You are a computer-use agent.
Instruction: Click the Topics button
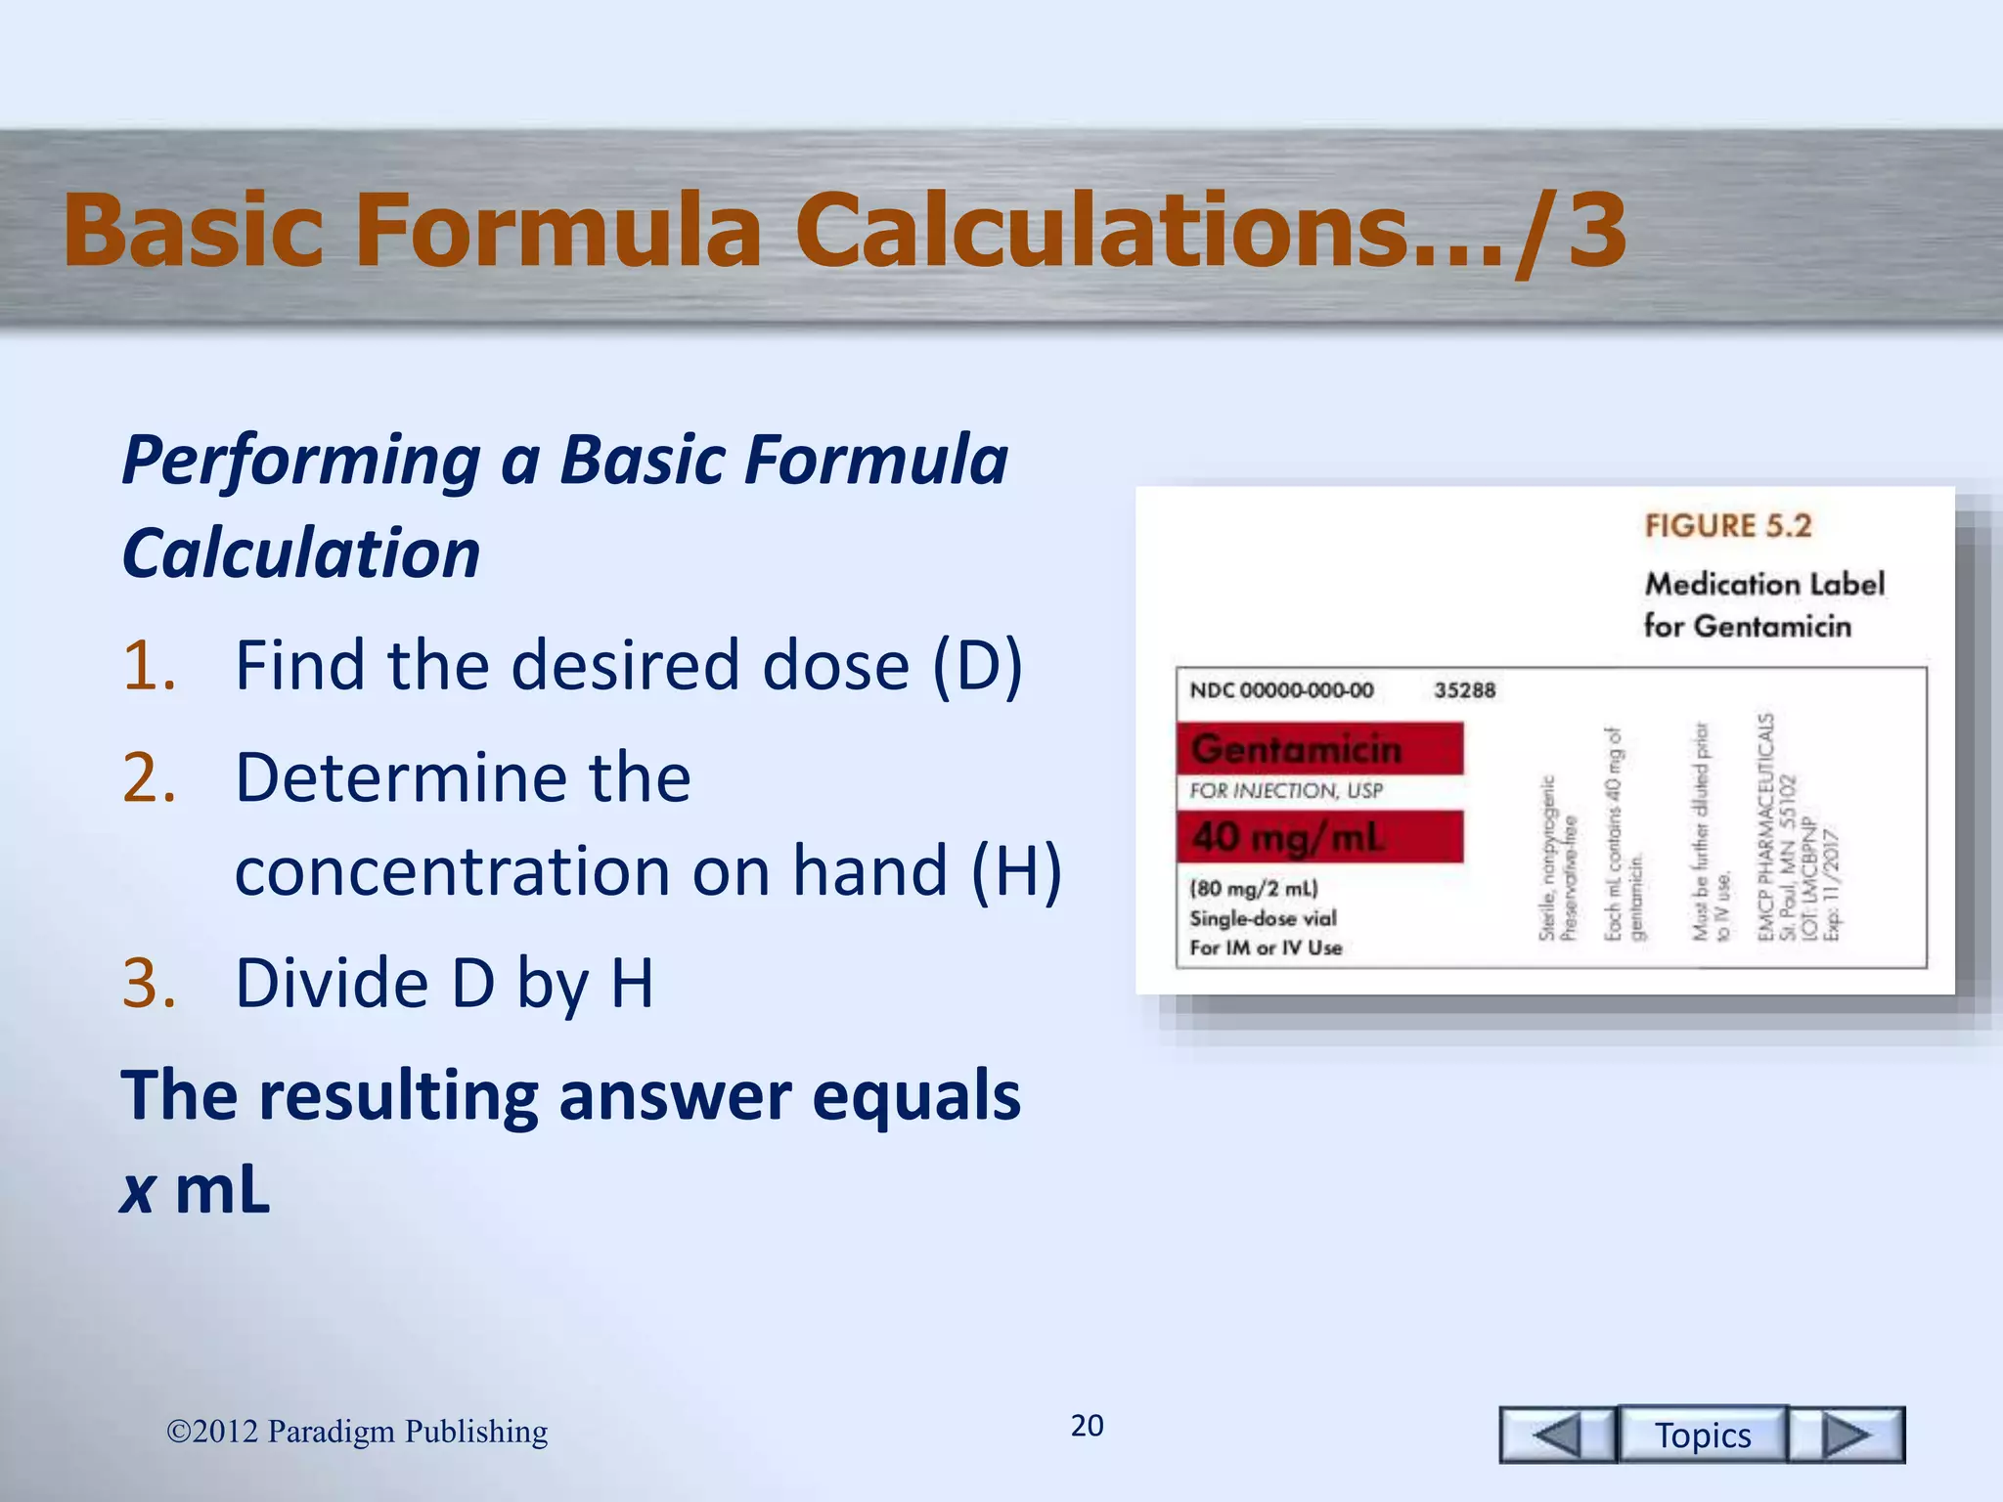1702,1435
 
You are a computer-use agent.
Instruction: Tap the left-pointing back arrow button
1557,1435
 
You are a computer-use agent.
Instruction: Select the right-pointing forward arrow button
1847,1435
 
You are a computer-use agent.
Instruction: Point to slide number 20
1087,1426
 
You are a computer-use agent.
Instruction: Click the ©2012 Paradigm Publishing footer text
357,1432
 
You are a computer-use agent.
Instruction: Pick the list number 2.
150,778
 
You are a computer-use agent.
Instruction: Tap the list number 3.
150,983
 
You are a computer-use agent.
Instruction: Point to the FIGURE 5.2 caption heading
1727,526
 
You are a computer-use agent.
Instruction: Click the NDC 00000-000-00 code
1281,690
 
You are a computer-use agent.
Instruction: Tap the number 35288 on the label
1464,690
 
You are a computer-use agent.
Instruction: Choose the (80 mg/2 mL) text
1254,889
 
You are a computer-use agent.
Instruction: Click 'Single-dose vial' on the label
1263,918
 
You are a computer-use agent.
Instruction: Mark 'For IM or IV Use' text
1266,948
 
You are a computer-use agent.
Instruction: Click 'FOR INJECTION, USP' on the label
1286,790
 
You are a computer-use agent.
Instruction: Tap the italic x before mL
138,1190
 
